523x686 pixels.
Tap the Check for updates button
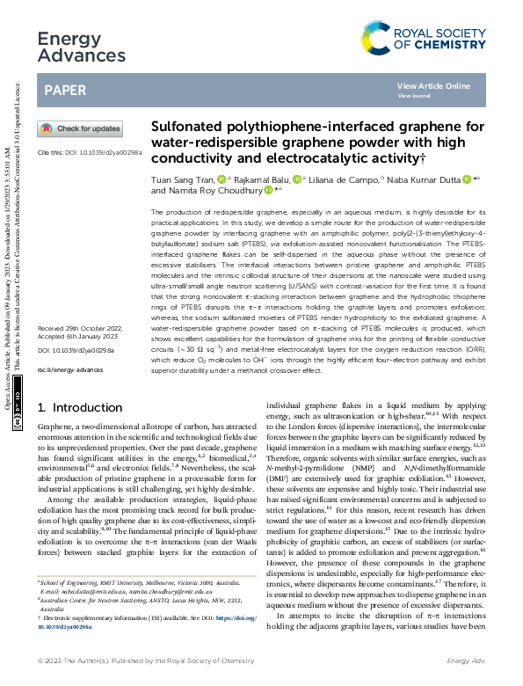[79, 128]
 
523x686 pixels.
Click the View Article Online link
[433, 85]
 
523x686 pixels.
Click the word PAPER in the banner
[65, 90]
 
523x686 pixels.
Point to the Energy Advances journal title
[82, 46]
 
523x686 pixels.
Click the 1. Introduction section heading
[82, 408]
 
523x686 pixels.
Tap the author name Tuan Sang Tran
[182, 179]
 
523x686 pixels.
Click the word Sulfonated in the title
[189, 126]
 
